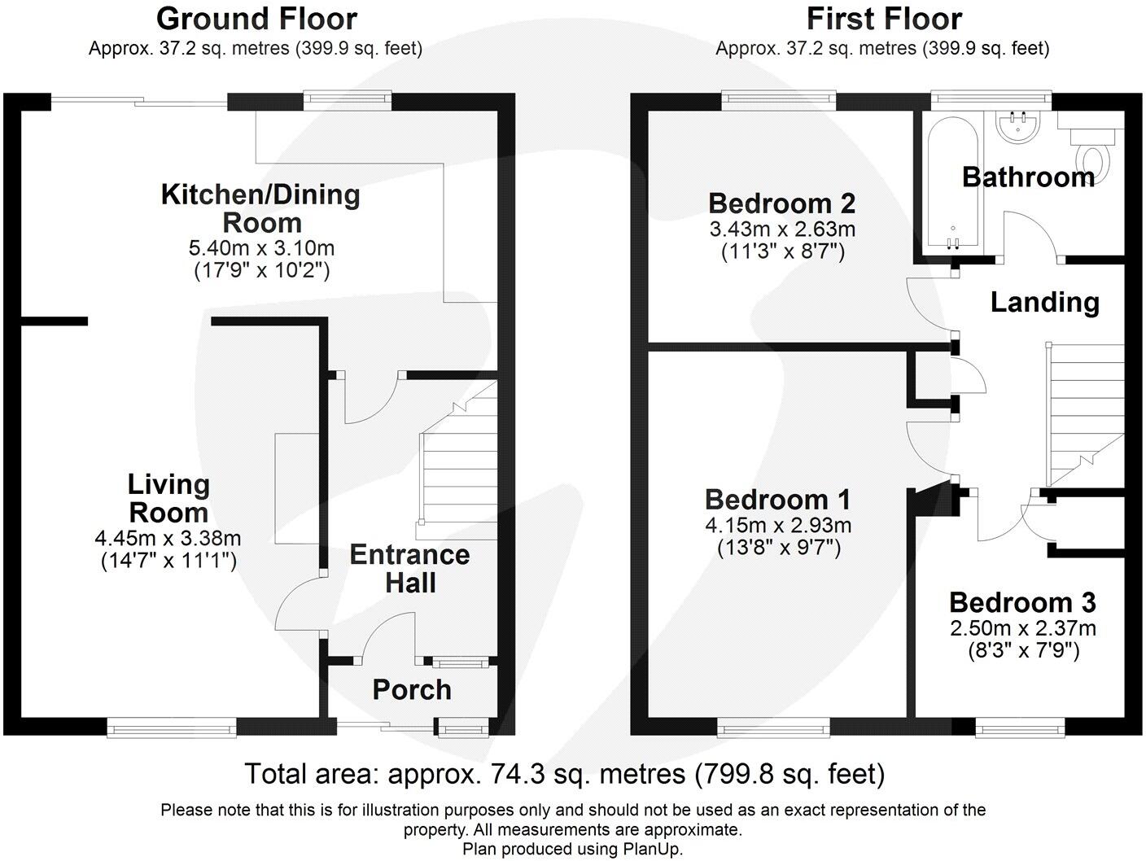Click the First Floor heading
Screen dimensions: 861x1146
884,18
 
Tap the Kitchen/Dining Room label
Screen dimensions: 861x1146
260,208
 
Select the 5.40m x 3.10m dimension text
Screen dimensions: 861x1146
260,247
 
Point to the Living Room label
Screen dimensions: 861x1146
168,498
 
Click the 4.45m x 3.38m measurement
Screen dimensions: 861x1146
168,538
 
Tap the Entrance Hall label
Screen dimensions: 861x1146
409,568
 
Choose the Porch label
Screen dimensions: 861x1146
412,689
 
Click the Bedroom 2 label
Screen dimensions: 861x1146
781,203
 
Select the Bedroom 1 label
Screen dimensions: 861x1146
777,499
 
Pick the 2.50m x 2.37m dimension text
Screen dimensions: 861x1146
1023,628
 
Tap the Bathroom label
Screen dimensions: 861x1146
1028,177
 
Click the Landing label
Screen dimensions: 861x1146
1045,302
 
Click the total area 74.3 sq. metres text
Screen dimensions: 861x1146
564,773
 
